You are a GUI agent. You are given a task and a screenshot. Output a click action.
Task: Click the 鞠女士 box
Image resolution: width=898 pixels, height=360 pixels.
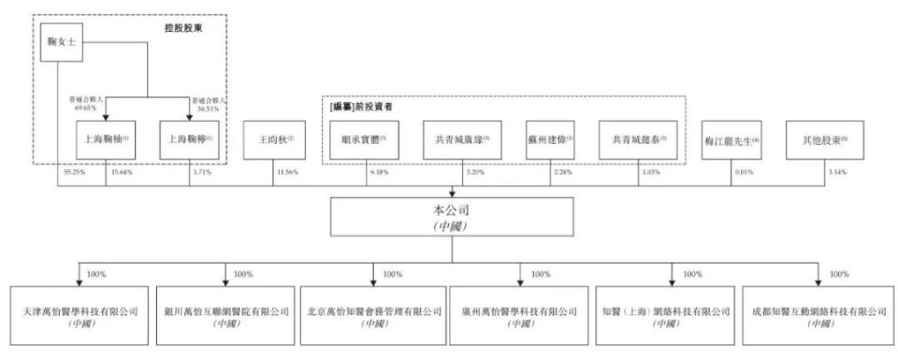[58, 43]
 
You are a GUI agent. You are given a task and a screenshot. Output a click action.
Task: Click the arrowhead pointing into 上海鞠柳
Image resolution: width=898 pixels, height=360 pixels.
[190, 118]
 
